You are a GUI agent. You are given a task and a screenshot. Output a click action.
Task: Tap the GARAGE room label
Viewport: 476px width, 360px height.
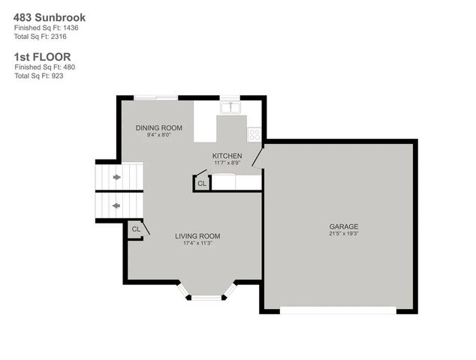[343, 226]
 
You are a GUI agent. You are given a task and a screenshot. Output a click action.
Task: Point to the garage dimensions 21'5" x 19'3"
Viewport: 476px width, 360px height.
[343, 234]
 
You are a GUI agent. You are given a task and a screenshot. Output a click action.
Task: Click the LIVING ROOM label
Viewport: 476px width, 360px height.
[197, 236]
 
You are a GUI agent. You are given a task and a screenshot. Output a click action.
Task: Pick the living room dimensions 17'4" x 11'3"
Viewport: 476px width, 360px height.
[197, 243]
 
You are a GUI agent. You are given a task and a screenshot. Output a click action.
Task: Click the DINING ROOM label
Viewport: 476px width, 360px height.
[158, 127]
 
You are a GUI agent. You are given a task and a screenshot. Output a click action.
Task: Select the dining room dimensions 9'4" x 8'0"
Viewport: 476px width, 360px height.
[158, 135]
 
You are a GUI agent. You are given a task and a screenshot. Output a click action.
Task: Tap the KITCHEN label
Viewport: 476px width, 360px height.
[226, 155]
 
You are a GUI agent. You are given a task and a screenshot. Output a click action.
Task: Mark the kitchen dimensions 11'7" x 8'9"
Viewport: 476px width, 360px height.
[226, 162]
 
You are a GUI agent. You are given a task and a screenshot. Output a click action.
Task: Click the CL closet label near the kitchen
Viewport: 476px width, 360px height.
[201, 183]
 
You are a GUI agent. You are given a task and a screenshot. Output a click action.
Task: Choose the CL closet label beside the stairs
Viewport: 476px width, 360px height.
[136, 229]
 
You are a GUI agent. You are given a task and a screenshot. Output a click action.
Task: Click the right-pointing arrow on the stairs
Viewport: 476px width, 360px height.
[117, 177]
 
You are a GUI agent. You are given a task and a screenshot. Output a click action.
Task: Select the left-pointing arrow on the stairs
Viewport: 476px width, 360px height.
[117, 204]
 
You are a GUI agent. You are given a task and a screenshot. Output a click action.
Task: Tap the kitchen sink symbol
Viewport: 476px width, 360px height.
[230, 107]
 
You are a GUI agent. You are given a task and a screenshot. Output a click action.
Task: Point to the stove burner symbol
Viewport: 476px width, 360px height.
[254, 134]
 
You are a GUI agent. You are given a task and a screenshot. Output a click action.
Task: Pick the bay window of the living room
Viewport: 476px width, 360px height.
[206, 296]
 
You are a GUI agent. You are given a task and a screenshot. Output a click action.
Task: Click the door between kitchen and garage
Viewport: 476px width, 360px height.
[257, 156]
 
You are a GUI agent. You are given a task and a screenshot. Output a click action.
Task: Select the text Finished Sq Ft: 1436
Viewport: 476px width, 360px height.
[46, 28]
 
